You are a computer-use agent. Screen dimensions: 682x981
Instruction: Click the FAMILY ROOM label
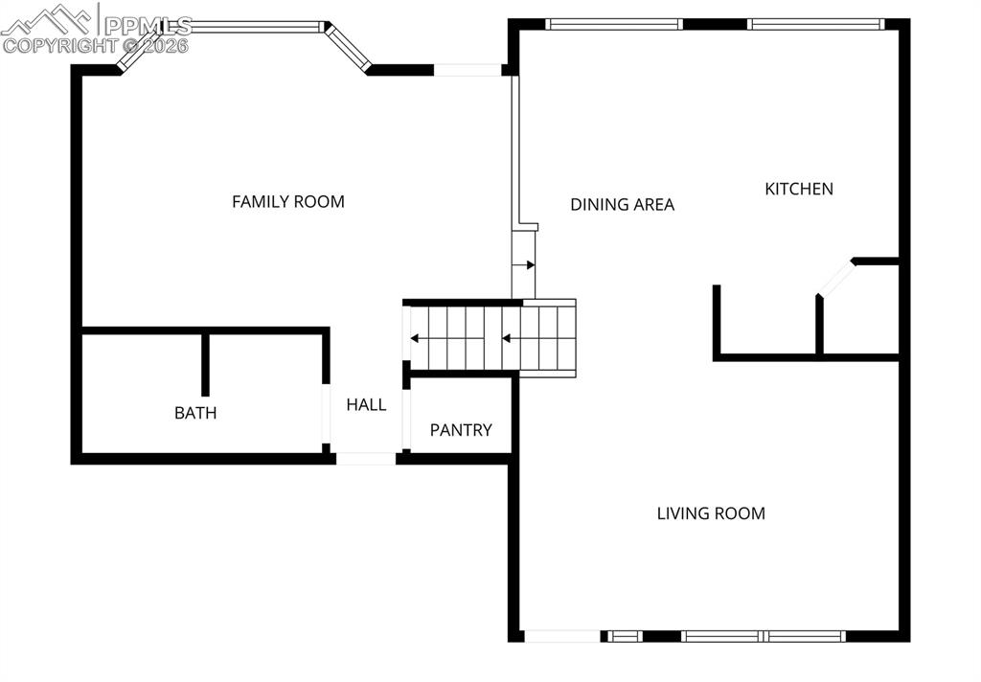[287, 201]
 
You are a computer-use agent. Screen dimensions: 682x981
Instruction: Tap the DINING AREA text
[622, 204]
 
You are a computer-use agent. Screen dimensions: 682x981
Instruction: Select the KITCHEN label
[798, 189]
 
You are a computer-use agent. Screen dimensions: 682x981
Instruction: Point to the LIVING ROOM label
[710, 513]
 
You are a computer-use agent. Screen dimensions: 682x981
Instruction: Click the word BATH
[195, 413]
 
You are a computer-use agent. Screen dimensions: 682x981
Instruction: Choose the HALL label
[366, 404]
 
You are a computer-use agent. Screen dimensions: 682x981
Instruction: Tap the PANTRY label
[460, 430]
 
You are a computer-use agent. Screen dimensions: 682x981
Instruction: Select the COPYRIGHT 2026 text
[96, 45]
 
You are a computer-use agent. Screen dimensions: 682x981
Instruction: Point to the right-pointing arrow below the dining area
[524, 264]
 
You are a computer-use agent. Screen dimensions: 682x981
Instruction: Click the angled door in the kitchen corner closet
[835, 278]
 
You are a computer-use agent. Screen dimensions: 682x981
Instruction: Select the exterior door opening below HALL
[366, 459]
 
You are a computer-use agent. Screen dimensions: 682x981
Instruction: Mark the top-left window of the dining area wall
[613, 24]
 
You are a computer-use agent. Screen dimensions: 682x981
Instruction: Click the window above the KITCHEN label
[815, 24]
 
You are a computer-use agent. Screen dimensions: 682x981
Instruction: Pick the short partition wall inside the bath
[205, 364]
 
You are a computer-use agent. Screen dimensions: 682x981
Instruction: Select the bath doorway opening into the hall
[326, 414]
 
